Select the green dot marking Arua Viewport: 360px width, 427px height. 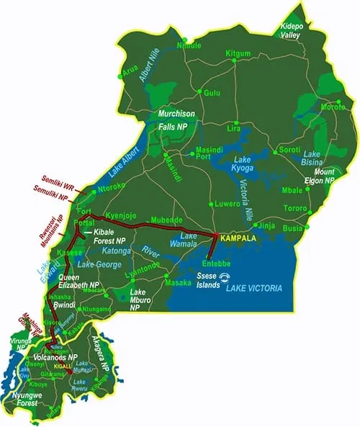pos(120,72)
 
